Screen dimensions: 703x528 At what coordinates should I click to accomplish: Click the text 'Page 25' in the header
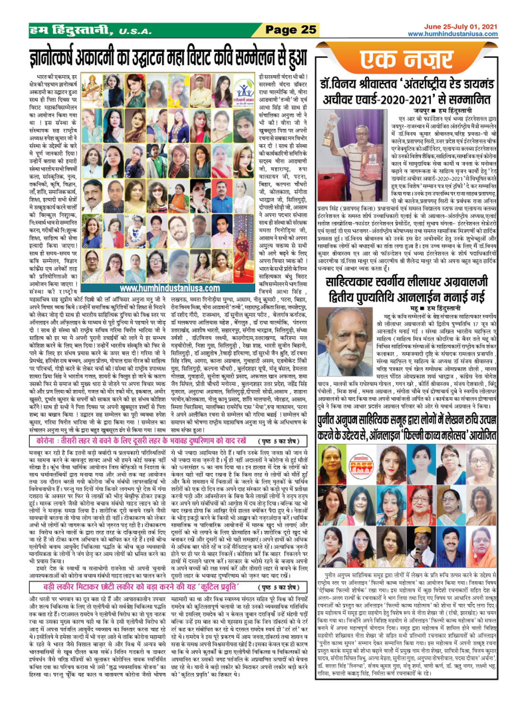(290, 29)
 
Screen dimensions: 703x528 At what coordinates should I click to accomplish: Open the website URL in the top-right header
(452, 34)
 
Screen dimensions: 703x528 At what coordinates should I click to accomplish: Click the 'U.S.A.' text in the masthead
(135, 32)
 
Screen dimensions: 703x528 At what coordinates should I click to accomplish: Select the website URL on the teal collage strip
(170, 288)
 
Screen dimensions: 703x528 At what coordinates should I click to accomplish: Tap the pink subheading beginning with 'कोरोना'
(141, 441)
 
